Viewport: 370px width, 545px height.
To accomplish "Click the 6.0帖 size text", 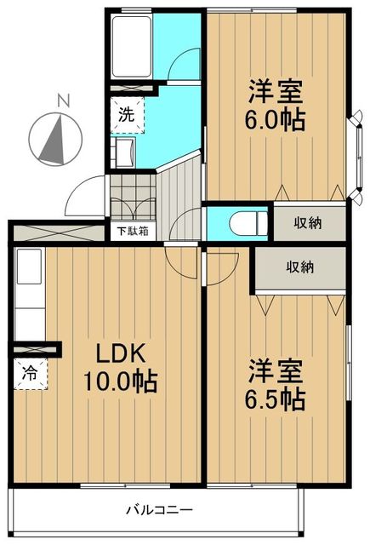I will pos(277,117).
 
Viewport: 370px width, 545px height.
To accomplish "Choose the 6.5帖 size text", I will pos(277,398).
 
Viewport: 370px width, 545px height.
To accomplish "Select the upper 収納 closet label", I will pos(308,223).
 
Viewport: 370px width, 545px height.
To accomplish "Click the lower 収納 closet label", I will pos(299,267).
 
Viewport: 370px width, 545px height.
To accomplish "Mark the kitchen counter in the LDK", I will pos(29,294).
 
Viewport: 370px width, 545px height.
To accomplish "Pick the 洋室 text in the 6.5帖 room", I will pos(277,370).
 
